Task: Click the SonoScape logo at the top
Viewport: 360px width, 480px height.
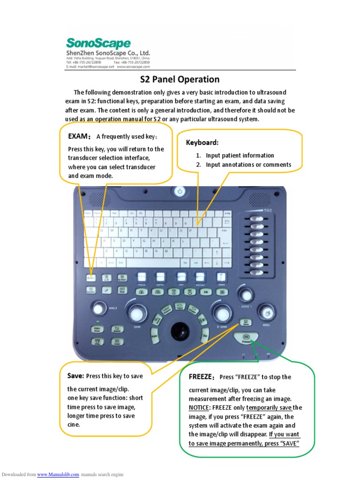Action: click(97, 44)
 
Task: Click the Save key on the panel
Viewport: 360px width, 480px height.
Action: click(246, 322)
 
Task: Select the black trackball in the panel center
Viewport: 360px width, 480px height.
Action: click(179, 330)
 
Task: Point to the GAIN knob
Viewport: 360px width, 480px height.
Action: click(137, 313)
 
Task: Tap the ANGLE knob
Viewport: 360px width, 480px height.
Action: click(98, 309)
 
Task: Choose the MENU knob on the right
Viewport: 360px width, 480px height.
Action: click(266, 311)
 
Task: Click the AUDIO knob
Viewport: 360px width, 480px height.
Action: click(245, 295)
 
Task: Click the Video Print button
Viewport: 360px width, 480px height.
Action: click(97, 330)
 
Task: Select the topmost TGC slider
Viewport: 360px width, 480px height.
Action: click(255, 219)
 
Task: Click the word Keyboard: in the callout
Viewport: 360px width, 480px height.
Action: click(202, 142)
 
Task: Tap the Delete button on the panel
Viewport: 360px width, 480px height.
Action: click(117, 330)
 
